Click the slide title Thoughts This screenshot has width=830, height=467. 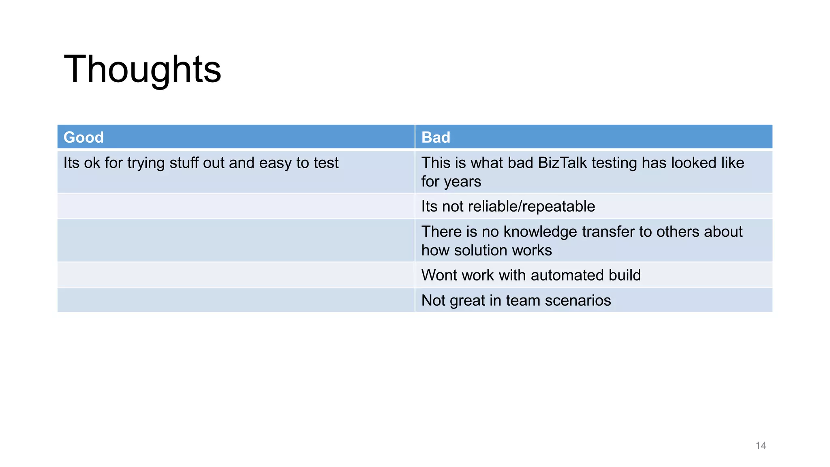pyautogui.click(x=142, y=69)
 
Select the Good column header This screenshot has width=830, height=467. pyautogui.click(x=83, y=137)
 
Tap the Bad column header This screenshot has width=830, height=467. pyautogui.click(x=436, y=137)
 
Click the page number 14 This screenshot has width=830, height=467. pyautogui.click(x=761, y=446)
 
